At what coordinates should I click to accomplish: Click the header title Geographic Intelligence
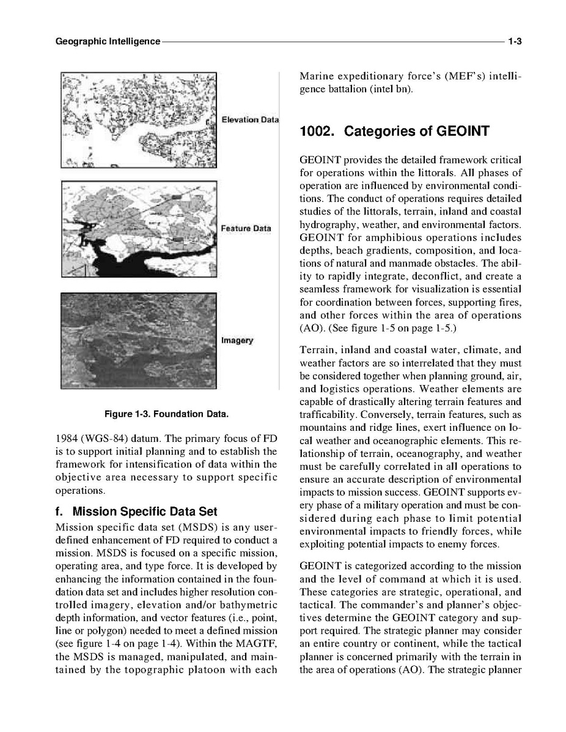coord(108,42)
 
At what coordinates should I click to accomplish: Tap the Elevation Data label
coord(249,119)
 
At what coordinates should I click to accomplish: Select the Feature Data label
coord(246,229)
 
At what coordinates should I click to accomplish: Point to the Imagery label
coord(237,340)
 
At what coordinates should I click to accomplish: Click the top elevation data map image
coord(139,119)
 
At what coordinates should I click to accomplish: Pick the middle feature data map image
coord(139,229)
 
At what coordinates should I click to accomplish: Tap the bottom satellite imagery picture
coord(139,340)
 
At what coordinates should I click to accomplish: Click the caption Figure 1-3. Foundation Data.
coord(166,414)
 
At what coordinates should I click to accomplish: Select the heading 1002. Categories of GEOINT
coord(395,131)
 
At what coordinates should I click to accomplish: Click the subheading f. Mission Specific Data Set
coord(136,511)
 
